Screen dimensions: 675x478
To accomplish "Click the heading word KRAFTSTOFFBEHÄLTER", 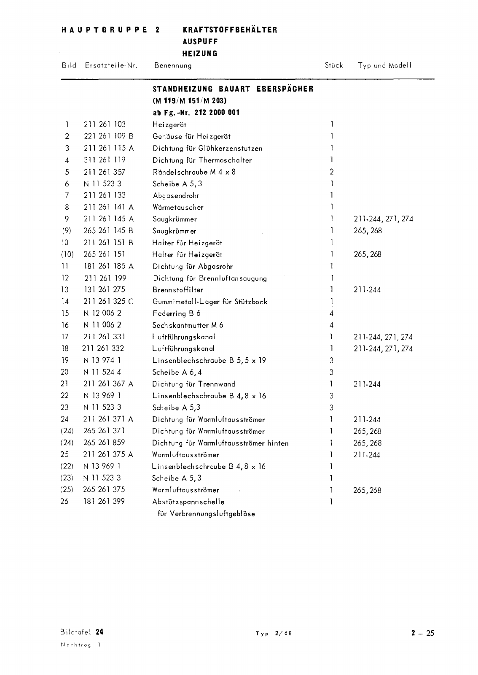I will [x=230, y=30].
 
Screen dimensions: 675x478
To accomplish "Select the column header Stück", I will [x=333, y=65].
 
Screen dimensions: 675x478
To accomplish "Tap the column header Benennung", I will [x=173, y=65].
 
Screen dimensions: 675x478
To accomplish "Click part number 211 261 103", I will [x=105, y=124].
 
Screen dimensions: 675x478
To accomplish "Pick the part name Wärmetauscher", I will [x=178, y=207].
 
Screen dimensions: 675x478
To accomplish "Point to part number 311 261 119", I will [x=105, y=160].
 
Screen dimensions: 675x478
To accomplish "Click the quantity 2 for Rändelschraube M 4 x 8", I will [x=332, y=172].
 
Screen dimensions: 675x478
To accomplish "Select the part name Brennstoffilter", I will [x=177, y=290].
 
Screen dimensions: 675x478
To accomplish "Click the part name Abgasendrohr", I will [x=176, y=195].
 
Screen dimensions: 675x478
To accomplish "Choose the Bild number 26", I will [x=64, y=502].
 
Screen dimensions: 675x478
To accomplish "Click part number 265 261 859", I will [x=105, y=443].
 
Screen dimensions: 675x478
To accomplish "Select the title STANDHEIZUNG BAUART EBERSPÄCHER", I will [x=233, y=89].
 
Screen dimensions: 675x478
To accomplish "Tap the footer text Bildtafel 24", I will [x=82, y=632].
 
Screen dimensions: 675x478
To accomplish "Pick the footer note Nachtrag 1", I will [x=81, y=645].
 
